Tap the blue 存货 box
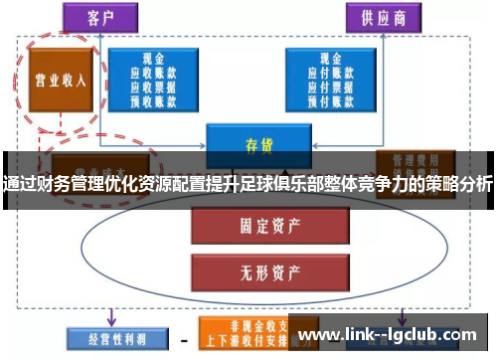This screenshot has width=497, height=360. [x=258, y=143]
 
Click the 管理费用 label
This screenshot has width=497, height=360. [x=410, y=159]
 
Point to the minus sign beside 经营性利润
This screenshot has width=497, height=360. [x=183, y=337]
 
